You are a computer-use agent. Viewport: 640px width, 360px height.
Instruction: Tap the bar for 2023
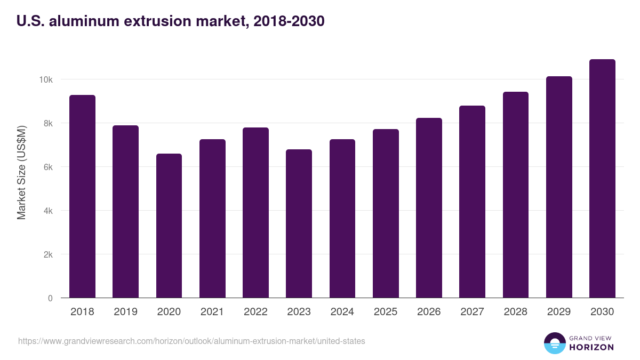click(x=299, y=223)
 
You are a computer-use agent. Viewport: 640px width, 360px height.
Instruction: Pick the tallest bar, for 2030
click(x=602, y=179)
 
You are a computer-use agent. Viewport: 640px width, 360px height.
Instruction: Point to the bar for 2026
click(x=429, y=208)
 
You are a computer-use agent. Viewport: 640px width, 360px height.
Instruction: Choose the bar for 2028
click(x=516, y=195)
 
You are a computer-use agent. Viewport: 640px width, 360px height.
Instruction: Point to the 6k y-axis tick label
click(x=47, y=167)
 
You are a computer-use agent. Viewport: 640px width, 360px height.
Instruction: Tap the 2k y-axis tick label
click(x=47, y=254)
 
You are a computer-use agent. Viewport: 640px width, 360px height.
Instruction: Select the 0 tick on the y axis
click(x=50, y=298)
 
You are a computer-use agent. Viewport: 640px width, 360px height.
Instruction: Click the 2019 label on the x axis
click(x=125, y=312)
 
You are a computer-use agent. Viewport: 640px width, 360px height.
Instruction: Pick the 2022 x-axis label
click(x=255, y=312)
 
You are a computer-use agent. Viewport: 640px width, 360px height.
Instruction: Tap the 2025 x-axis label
click(x=386, y=312)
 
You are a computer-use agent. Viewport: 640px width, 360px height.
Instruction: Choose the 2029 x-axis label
click(x=559, y=312)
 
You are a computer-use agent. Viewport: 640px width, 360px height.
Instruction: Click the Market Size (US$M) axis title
click(x=21, y=172)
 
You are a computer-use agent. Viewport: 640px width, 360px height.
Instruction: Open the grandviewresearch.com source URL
click(x=191, y=341)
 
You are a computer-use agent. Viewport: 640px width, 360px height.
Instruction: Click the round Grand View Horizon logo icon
click(x=555, y=343)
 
